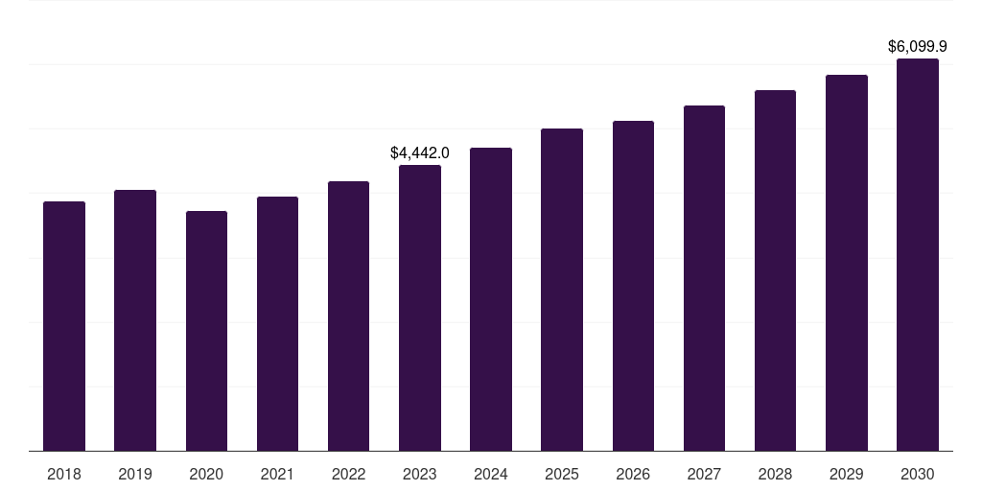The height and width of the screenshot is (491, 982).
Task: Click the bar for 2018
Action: (64, 326)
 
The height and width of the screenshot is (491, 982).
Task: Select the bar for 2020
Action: (206, 331)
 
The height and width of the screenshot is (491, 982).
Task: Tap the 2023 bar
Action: (420, 307)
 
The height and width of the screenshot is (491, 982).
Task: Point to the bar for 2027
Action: (704, 278)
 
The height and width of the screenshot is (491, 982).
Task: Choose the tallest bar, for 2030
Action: (918, 254)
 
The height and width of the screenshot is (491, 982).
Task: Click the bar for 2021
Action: (277, 323)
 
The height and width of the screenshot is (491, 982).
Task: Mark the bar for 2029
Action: (847, 263)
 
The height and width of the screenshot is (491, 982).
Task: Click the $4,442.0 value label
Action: (420, 152)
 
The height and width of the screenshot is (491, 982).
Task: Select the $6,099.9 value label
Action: (918, 46)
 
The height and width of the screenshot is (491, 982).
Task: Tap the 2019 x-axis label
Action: (135, 474)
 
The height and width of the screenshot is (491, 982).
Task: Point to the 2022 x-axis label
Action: (348, 474)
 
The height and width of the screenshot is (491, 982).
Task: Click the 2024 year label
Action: (491, 474)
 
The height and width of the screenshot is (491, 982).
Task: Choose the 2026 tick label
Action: (633, 474)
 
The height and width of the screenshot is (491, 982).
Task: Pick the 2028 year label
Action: (775, 474)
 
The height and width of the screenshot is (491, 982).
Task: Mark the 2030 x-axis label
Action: (918, 474)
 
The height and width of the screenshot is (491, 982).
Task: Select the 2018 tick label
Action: (64, 474)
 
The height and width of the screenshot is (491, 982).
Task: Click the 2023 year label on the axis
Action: (420, 474)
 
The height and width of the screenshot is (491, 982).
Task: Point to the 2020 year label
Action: (206, 474)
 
